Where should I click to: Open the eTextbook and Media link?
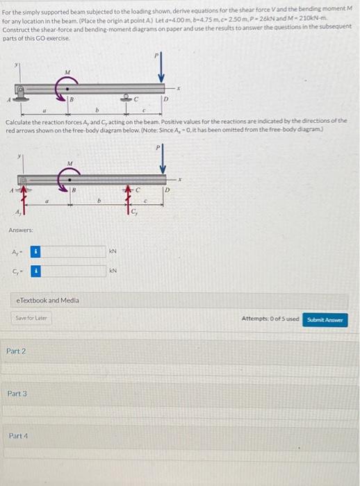click(47, 300)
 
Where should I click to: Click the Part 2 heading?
click(16, 351)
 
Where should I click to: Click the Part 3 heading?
click(16, 394)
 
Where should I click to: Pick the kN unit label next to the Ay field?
click(113, 250)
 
